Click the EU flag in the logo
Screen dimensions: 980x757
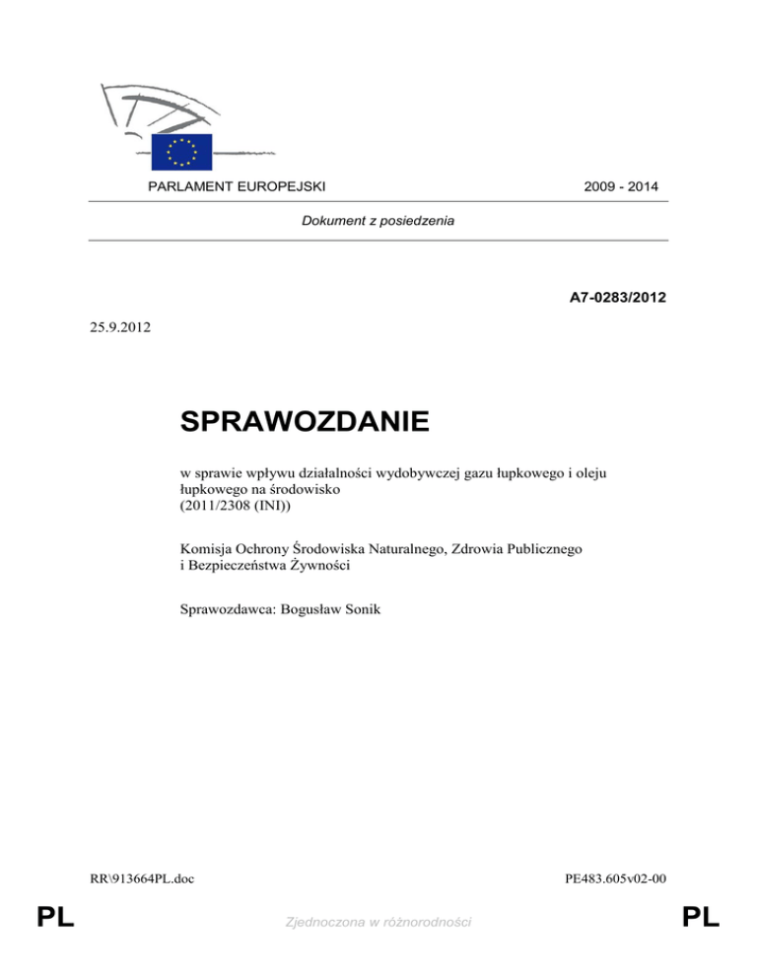[182, 150]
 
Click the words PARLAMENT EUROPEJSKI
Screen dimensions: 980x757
[237, 185]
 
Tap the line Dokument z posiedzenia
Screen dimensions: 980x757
[378, 222]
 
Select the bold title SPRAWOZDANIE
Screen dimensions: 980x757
[306, 424]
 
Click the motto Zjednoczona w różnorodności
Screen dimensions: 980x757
[378, 921]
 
